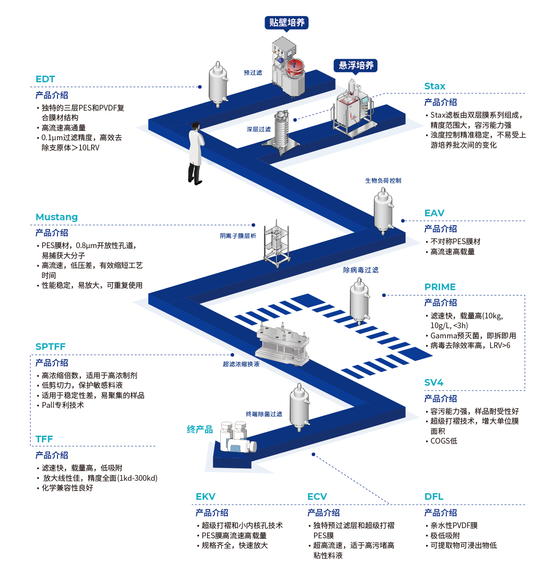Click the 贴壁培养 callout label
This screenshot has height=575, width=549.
[x=287, y=23]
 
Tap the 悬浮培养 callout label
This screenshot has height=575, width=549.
[x=356, y=65]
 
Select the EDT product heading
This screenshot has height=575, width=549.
[x=45, y=79]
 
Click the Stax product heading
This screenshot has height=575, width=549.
[x=434, y=86]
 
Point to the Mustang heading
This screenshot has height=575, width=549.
[x=57, y=217]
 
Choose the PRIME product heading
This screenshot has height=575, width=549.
[x=440, y=287]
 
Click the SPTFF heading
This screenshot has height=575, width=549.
[x=50, y=347]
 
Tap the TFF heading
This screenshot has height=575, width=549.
[x=44, y=439]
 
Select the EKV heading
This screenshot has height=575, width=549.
[x=206, y=497]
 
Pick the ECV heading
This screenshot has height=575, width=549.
[x=317, y=497]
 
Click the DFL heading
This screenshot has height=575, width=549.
[x=434, y=497]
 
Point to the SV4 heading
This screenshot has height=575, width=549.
[x=434, y=383]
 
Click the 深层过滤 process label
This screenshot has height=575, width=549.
[x=259, y=130]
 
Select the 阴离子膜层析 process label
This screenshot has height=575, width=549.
[x=238, y=236]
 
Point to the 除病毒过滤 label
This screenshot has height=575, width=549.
[x=361, y=270]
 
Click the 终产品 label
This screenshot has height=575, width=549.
[x=200, y=429]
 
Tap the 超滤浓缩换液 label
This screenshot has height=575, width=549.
[x=241, y=364]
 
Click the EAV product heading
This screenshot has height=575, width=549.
[x=434, y=213]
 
